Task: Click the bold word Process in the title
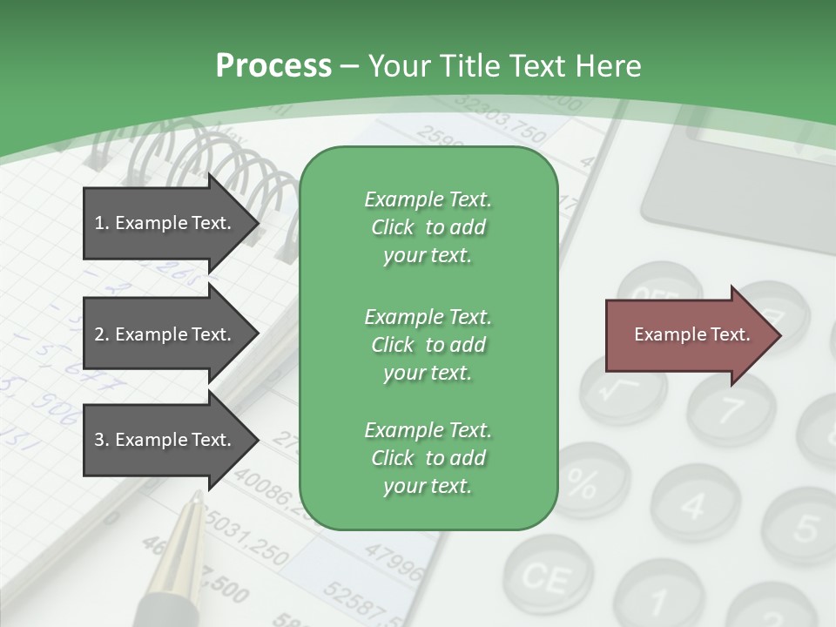[x=273, y=65]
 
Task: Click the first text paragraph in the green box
[x=428, y=227]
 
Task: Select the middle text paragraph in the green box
[x=428, y=344]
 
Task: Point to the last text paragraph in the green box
[x=428, y=458]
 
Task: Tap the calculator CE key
[x=547, y=576]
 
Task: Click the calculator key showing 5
[x=806, y=526]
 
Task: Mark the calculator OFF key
[x=659, y=292]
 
